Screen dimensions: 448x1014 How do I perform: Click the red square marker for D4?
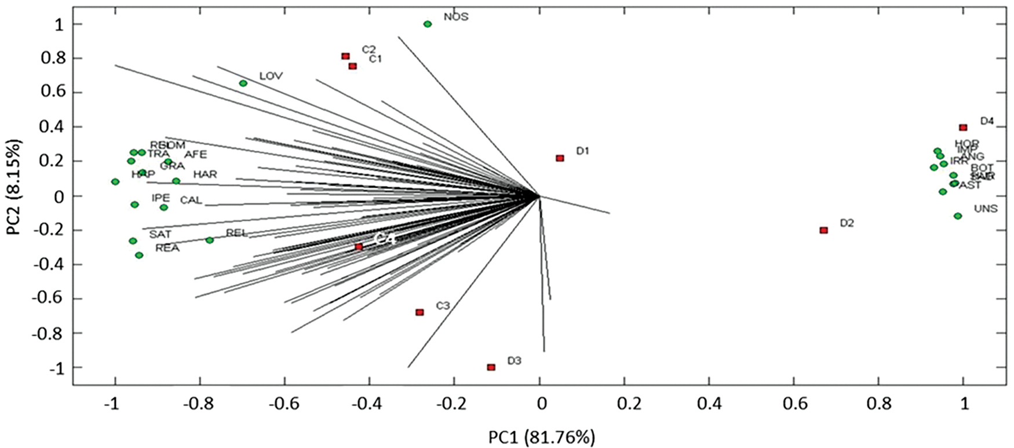pyautogui.click(x=963, y=128)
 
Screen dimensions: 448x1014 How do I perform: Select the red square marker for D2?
pyautogui.click(x=823, y=230)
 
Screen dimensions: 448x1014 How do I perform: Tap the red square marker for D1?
pyautogui.click(x=560, y=158)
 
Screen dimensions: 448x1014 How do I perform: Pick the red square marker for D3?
pyautogui.click(x=491, y=367)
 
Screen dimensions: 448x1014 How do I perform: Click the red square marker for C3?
pyautogui.click(x=420, y=312)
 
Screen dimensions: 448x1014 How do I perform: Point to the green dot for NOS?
pyautogui.click(x=428, y=24)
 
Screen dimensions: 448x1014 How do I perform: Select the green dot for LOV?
pyautogui.click(x=243, y=83)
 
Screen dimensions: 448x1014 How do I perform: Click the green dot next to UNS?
pyautogui.click(x=958, y=216)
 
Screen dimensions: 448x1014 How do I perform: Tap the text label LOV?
pyautogui.click(x=271, y=77)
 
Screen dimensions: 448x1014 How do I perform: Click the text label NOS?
pyautogui.click(x=456, y=17)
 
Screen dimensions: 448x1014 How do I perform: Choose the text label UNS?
pyautogui.click(x=986, y=209)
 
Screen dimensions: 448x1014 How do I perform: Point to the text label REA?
pyautogui.click(x=167, y=249)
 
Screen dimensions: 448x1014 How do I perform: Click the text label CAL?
pyautogui.click(x=191, y=201)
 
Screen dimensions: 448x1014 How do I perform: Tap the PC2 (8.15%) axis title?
pyautogui.click(x=14, y=195)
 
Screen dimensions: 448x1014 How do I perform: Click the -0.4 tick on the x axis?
pyautogui.click(x=370, y=403)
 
